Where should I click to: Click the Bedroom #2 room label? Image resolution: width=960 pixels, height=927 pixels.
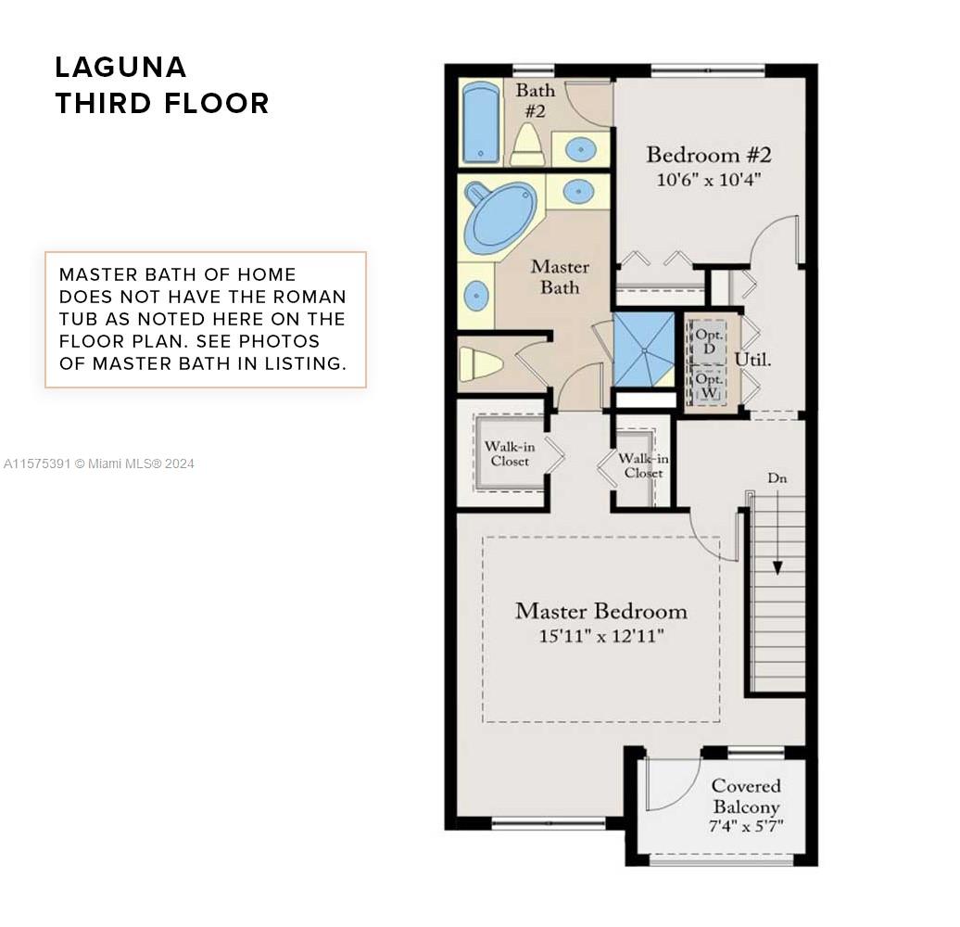click(708, 154)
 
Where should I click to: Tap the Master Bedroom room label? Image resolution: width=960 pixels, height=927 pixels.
click(601, 611)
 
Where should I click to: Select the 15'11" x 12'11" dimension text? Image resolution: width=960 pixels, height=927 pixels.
click(601, 636)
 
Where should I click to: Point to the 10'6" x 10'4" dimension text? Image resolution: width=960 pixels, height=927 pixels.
click(708, 180)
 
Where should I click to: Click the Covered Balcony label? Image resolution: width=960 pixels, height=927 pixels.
click(746, 796)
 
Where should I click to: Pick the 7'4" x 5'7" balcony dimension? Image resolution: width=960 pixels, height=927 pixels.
click(746, 826)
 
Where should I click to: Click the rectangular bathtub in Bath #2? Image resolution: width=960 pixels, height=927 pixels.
click(481, 122)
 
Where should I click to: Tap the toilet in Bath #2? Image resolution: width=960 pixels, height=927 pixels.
click(528, 145)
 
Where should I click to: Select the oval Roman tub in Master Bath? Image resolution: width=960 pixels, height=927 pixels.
click(500, 218)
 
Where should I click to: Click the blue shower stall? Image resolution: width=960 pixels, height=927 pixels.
click(643, 349)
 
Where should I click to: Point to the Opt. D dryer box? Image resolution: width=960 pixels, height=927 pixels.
click(709, 341)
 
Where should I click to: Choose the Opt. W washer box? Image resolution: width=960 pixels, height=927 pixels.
click(709, 386)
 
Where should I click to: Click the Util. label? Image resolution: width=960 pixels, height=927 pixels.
click(752, 360)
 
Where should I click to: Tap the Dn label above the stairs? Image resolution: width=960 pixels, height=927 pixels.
click(777, 478)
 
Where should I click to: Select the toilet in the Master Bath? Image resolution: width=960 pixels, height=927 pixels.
click(481, 363)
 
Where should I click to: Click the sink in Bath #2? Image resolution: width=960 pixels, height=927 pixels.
click(580, 149)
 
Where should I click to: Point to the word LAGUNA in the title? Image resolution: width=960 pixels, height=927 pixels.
click(120, 68)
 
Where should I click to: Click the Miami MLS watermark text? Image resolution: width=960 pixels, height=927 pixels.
click(98, 464)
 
